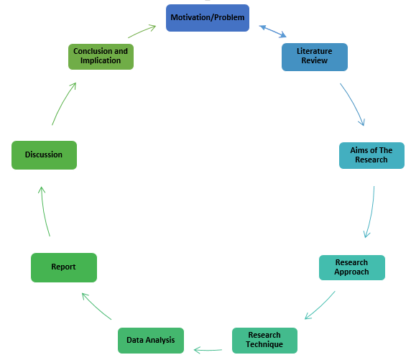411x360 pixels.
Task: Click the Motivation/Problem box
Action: point(208,18)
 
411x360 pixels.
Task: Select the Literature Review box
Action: point(314,57)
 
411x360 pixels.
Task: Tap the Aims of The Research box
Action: point(371,155)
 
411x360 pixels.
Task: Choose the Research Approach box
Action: point(351,267)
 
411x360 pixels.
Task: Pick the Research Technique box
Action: point(264,340)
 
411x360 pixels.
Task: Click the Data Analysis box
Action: point(150,340)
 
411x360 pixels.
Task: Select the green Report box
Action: point(63,267)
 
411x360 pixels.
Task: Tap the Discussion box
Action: point(44,154)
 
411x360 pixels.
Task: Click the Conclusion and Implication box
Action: point(101,56)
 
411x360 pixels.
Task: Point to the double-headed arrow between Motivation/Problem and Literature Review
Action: point(272,32)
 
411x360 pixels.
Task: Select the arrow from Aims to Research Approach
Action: point(371,213)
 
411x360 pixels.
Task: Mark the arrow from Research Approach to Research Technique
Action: point(320,306)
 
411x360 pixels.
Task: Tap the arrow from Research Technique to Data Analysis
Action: point(208,350)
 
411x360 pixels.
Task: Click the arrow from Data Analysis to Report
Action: point(96,306)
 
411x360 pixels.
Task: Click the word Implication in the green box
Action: point(101,61)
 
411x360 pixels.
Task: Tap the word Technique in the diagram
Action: point(264,345)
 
